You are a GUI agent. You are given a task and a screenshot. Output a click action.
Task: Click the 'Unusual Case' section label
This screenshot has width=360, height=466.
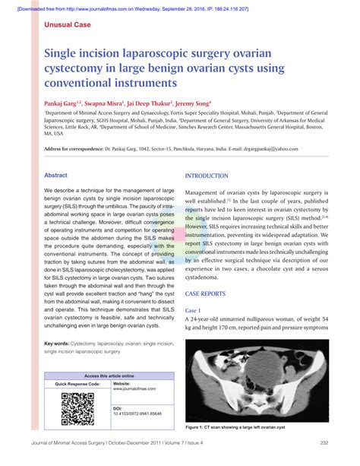67,25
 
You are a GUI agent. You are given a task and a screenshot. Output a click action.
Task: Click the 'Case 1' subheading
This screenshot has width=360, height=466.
194,310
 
